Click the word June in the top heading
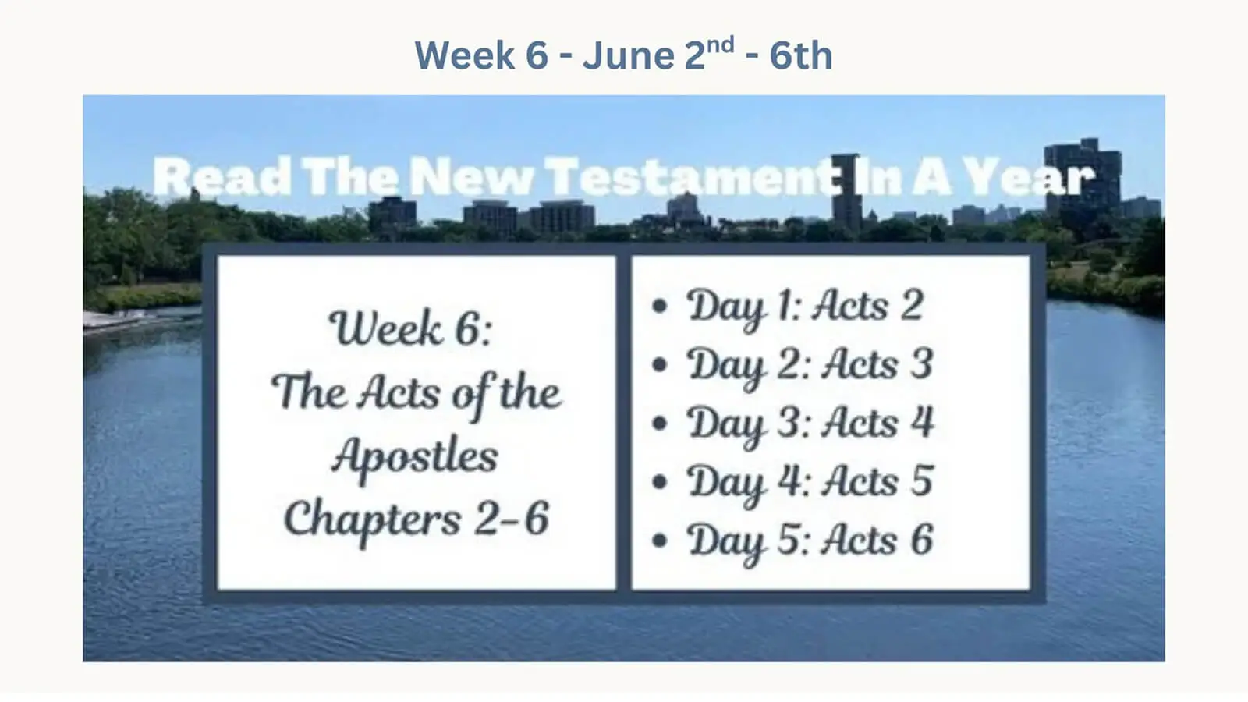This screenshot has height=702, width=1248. coord(629,55)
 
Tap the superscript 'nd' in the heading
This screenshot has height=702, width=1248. coord(721,44)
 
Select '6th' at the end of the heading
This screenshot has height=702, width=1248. coord(801,55)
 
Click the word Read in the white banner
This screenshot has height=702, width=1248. coord(222,176)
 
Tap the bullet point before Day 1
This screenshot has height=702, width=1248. coord(660,306)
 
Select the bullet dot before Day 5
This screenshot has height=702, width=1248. coord(660,540)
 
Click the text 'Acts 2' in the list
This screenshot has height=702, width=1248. coord(868,305)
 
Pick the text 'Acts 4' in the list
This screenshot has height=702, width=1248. coord(878,422)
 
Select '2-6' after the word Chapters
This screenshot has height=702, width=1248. coord(512,518)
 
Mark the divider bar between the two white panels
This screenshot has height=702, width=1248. coord(623,422)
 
